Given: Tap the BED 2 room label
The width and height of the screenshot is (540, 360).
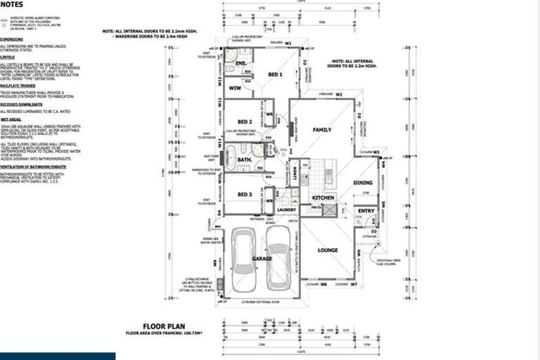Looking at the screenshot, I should (245, 121).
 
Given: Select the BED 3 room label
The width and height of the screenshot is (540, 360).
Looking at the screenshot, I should (244, 194).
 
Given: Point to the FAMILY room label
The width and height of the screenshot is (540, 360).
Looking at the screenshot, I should (322, 130).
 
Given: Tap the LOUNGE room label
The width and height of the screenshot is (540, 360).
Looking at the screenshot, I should (328, 250).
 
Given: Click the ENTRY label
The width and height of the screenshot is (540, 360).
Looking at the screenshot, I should (366, 210).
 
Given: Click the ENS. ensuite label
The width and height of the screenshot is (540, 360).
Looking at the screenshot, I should (240, 64).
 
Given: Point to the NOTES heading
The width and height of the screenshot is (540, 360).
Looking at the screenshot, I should (12, 4).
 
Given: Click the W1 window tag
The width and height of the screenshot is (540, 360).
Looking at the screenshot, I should (288, 43).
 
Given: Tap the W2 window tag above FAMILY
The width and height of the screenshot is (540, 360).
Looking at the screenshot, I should (338, 94).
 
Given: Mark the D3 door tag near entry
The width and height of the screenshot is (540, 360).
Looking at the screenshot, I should (373, 231).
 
